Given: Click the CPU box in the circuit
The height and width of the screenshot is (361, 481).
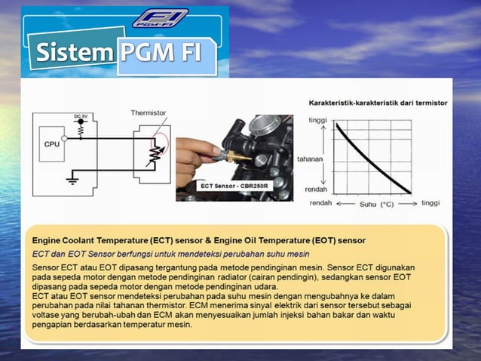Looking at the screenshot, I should (x=52, y=144).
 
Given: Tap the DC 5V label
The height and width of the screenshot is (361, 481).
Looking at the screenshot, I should (x=78, y=116).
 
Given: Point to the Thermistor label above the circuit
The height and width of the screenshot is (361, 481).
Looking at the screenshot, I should (x=147, y=113).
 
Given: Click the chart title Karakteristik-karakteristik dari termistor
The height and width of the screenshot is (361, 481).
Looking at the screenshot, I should (x=378, y=102).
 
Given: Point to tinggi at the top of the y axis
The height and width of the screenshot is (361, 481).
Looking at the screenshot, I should (x=318, y=120).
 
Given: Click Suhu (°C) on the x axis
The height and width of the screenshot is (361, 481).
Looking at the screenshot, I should (x=377, y=203).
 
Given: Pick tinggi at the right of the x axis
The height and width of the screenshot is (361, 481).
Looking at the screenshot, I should (x=430, y=203).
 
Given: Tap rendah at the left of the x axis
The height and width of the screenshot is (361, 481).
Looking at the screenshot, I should (x=321, y=203).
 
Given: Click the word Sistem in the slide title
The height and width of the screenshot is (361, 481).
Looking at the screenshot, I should (x=73, y=53).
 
